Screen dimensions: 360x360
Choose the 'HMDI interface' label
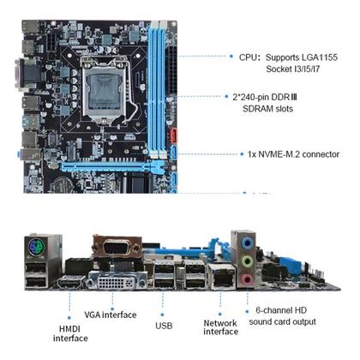(x=69, y=332)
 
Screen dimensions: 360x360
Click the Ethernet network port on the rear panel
(x=220, y=276)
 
